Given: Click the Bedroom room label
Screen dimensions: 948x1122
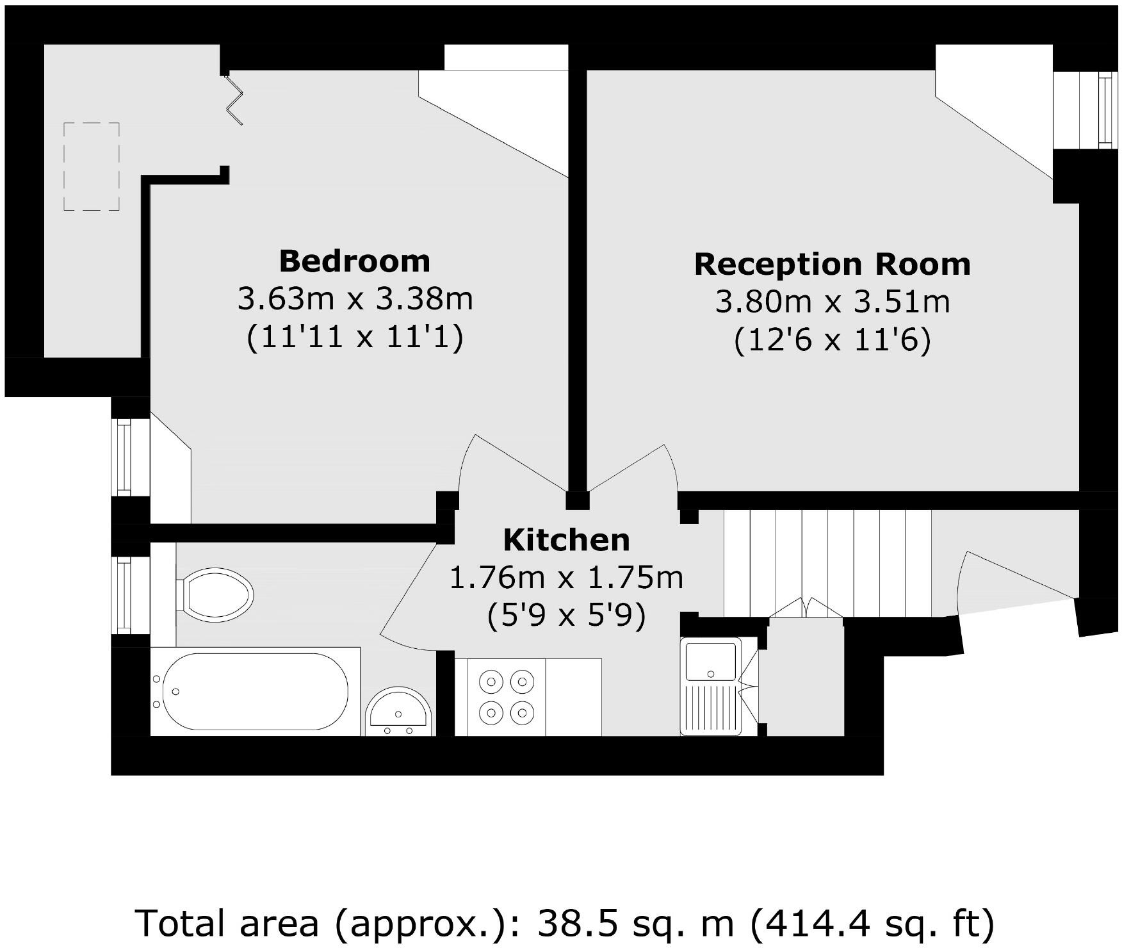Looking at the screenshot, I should pos(354,261).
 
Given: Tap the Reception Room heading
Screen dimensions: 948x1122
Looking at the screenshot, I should pos(832,265).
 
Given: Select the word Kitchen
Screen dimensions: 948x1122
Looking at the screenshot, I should pos(566,540).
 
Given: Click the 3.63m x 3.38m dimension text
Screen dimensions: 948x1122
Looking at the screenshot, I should pos(355,299).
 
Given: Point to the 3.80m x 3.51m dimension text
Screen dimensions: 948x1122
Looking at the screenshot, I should pos(832,302).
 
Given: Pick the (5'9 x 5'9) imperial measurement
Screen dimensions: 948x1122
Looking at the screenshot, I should pos(566,616).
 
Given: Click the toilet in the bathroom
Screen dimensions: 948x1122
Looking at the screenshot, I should pos(215,594).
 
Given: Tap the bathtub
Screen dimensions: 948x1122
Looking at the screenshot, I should pos(255,692).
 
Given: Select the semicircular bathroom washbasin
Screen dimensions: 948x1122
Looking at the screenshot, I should pos(399,712).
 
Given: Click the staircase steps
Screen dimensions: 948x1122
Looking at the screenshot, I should pos(826,562).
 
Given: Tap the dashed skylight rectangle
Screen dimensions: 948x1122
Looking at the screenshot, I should pos(92,167).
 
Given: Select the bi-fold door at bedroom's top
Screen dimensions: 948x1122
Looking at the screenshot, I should pos(234,99).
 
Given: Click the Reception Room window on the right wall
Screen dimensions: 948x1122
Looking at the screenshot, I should pos(1089,110).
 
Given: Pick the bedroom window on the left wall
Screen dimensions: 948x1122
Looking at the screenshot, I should pos(123,456).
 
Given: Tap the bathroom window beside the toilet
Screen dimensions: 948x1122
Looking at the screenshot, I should pos(123,594).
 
